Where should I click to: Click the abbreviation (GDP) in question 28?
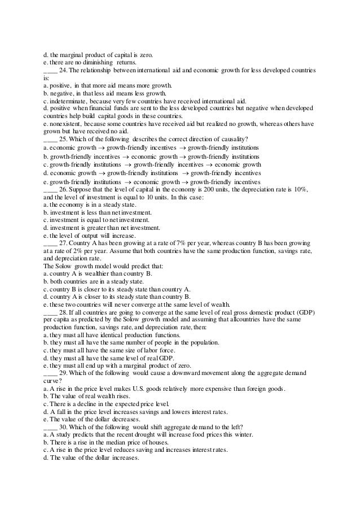(304, 312)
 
